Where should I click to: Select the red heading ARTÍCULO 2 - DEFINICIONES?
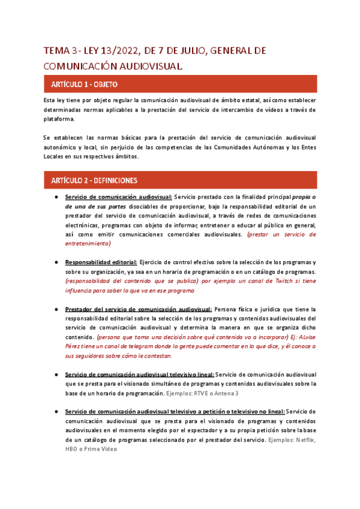[94, 180]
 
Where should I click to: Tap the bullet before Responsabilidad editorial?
[56, 262]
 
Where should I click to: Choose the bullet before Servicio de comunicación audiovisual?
[56, 197]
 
